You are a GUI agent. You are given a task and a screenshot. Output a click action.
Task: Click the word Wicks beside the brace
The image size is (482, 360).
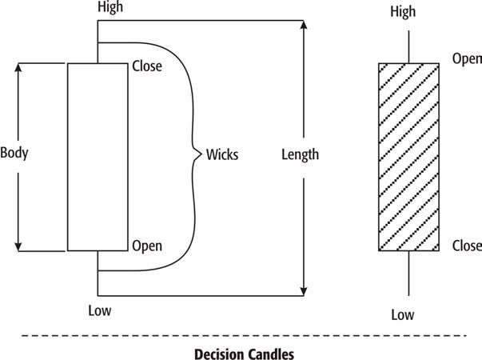(x=222, y=154)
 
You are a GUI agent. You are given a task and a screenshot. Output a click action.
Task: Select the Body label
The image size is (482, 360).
(x=14, y=152)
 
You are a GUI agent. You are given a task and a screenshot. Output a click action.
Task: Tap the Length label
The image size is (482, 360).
(x=300, y=154)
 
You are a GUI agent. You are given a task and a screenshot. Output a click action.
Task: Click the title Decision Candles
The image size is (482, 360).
(x=244, y=353)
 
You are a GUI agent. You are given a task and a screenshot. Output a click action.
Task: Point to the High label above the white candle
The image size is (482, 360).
(x=110, y=7)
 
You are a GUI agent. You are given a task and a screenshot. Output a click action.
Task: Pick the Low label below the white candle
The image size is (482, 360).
(x=101, y=310)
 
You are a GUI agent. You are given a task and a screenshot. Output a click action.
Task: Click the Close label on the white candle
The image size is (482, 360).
(x=147, y=66)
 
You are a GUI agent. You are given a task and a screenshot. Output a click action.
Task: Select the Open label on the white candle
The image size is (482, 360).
(x=147, y=246)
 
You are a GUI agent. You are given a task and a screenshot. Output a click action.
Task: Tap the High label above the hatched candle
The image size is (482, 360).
(x=403, y=12)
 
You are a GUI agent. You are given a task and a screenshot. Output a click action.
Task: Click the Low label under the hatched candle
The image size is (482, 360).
(x=403, y=314)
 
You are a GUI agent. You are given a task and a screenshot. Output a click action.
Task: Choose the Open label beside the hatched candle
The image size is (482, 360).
(x=467, y=58)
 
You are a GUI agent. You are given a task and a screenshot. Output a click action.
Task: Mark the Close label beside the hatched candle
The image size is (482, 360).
(x=467, y=246)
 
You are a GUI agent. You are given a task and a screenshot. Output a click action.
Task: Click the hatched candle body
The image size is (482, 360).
(x=408, y=157)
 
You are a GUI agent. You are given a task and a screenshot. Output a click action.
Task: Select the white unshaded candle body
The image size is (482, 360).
(x=97, y=157)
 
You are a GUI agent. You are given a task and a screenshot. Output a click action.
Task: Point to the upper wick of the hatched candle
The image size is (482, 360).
(x=408, y=47)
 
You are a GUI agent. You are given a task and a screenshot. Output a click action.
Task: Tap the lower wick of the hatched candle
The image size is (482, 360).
(x=408, y=272)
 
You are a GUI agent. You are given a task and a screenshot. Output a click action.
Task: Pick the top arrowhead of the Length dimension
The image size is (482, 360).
(x=304, y=26)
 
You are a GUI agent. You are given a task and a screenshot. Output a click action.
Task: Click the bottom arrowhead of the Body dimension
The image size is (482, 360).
(x=19, y=246)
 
